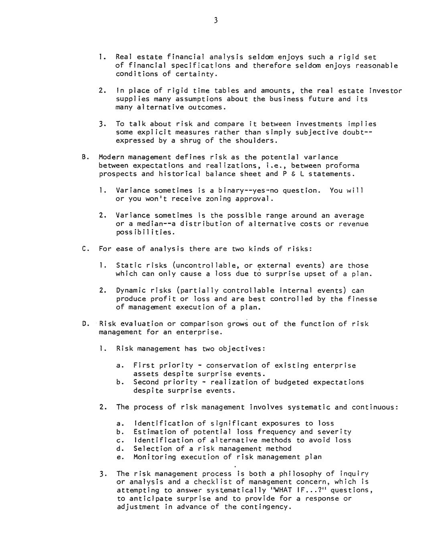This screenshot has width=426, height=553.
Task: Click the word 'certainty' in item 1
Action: pos(195,74)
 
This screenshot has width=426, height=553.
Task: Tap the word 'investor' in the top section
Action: pos(385,91)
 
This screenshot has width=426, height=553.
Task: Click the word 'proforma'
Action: pos(342,166)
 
